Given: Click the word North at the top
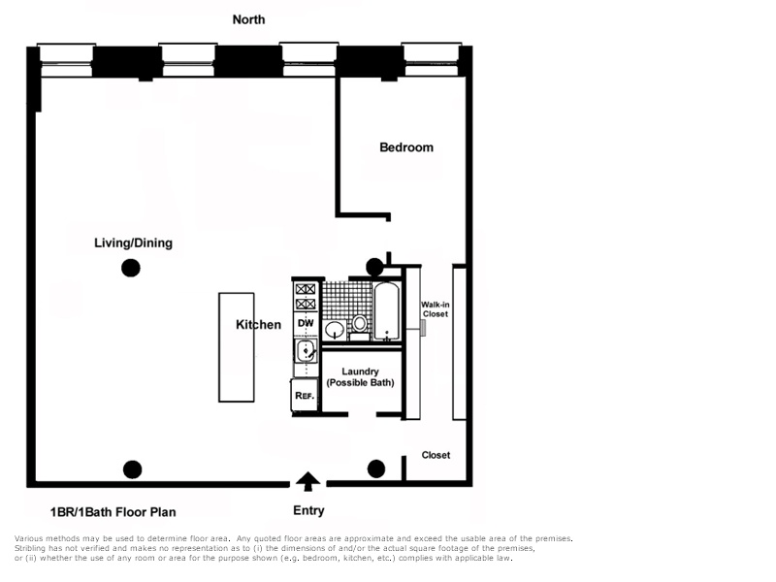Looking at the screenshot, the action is click(x=248, y=19).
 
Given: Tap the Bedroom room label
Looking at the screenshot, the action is click(x=406, y=147).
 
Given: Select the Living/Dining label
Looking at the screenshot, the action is click(x=133, y=242).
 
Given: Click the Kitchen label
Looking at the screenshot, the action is click(x=258, y=325).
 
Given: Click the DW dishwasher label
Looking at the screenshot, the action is click(x=306, y=323).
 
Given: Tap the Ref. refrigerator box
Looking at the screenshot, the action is click(x=304, y=395).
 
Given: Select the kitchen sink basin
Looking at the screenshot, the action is click(x=305, y=350).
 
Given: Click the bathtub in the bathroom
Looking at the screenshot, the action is click(x=388, y=312).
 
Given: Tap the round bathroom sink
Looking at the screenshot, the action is click(x=335, y=329).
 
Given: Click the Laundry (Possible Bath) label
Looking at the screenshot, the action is click(x=360, y=377).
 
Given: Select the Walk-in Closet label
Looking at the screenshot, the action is click(x=435, y=309).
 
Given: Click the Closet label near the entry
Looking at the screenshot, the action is click(x=436, y=455).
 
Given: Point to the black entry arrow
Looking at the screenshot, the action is click(x=307, y=480).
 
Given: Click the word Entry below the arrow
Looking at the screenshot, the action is click(x=308, y=511).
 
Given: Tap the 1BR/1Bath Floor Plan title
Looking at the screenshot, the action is click(x=113, y=512).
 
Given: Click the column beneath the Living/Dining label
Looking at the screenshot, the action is click(x=130, y=270).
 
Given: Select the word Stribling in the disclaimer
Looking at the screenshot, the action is click(x=32, y=548).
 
